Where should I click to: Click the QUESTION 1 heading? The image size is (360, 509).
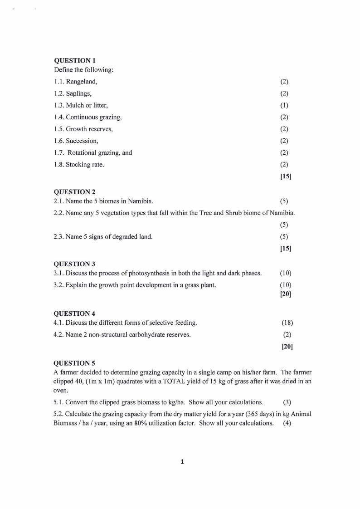[x=75, y=61]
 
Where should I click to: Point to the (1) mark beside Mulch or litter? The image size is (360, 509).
[x=284, y=106]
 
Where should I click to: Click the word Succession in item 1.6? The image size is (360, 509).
[x=82, y=141]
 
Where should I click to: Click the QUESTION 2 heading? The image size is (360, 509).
[x=75, y=192]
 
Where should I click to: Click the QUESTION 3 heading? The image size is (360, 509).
[x=75, y=264]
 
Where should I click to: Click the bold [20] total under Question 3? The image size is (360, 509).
[x=286, y=294]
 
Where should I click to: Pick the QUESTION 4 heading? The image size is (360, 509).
[x=75, y=313]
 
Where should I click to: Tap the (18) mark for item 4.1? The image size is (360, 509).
[x=287, y=323]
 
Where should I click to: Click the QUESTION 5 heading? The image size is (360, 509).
[x=75, y=363]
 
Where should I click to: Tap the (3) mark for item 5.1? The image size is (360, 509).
[x=287, y=402]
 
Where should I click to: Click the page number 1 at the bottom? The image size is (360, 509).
[x=182, y=462]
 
